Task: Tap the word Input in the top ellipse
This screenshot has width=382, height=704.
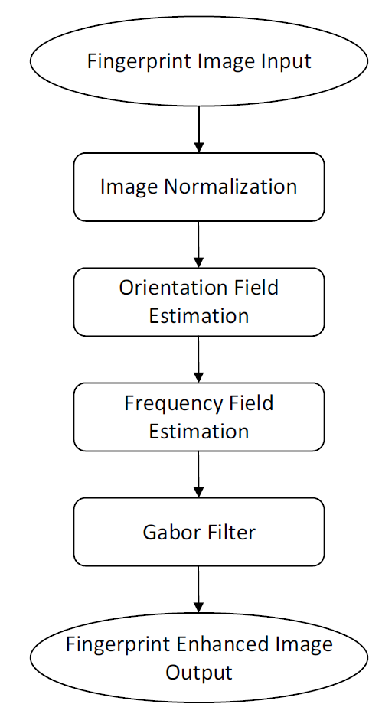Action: [289, 62]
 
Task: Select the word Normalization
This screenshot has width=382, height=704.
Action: [230, 186]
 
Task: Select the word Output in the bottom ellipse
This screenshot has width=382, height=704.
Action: [198, 673]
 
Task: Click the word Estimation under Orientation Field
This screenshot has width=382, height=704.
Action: [198, 315]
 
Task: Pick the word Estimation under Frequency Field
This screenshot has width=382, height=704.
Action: [198, 432]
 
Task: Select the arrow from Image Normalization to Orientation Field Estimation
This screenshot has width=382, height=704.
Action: [198, 245]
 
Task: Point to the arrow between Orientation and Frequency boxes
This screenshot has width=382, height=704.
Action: [198, 360]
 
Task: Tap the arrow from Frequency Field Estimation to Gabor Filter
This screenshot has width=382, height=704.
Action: [198, 474]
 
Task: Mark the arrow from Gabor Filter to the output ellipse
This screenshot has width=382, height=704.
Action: [198, 588]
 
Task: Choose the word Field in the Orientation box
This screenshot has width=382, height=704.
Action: [253, 288]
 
